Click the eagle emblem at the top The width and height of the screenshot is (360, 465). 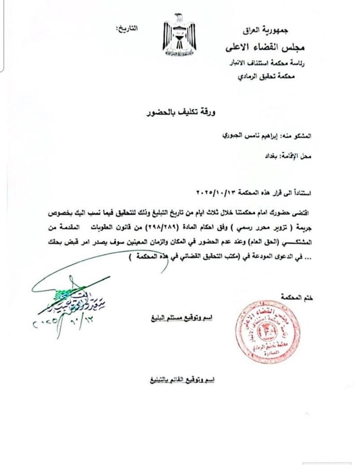179,35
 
